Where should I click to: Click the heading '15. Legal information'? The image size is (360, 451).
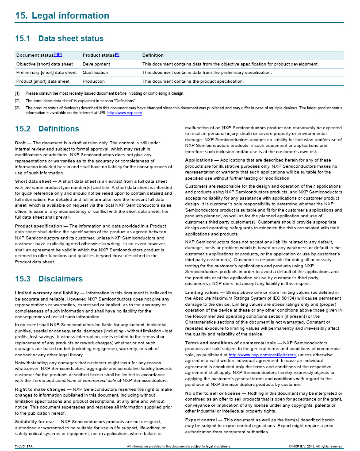point(62,16)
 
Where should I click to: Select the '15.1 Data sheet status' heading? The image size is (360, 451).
point(59,39)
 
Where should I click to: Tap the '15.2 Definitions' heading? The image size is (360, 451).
point(47,129)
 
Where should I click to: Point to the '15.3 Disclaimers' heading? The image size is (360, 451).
point(49,279)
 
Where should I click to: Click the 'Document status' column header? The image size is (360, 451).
point(34,55)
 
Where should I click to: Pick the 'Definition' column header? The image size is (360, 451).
point(153,55)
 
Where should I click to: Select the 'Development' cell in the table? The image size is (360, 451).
point(96,64)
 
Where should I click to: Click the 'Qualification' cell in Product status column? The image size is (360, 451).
point(95,73)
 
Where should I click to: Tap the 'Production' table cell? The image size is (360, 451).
point(93,81)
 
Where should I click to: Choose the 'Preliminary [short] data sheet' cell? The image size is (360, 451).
point(46,73)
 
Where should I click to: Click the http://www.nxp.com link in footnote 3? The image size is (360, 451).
point(125,113)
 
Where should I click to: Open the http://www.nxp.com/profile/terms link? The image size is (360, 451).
point(262,355)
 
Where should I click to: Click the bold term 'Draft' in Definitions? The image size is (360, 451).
point(21,143)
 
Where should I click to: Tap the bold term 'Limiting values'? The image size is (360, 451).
point(202,293)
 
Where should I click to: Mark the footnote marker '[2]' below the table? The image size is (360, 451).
point(17,100)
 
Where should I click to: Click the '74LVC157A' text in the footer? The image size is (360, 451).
point(24,446)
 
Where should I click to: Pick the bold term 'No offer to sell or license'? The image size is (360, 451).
point(213,393)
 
